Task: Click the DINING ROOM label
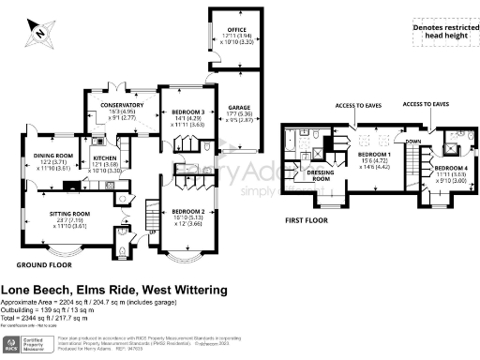53,156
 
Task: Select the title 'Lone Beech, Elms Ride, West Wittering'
113,291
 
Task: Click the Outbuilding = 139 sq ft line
60,308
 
